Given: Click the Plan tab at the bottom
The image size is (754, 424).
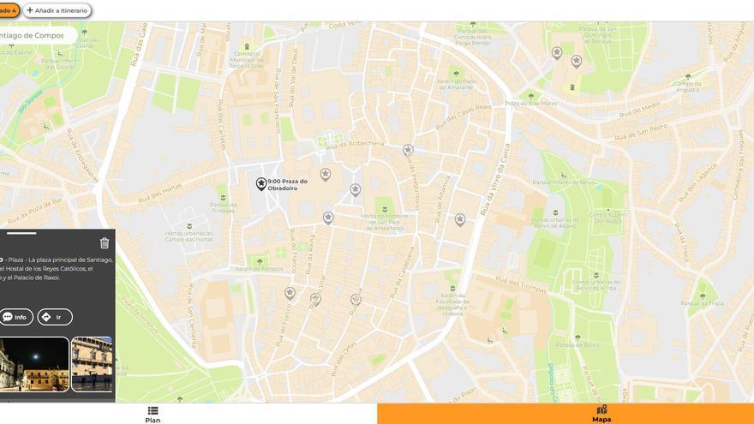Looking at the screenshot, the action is (x=153, y=415).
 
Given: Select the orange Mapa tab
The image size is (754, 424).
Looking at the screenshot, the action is (x=601, y=415).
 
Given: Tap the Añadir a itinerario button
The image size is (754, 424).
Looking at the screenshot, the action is (x=57, y=10).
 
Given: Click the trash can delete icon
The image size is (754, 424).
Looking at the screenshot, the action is (x=105, y=243).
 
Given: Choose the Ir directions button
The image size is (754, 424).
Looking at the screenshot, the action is (x=54, y=317).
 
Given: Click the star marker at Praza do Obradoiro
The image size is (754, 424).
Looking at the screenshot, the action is (x=261, y=183).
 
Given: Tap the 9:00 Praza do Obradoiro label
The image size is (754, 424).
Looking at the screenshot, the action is (x=287, y=184).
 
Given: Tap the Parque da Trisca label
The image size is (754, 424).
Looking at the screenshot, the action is (x=702, y=303).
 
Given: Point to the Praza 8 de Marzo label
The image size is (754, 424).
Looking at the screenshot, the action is (x=530, y=103).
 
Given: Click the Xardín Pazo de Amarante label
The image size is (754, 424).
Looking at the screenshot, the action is (x=455, y=84).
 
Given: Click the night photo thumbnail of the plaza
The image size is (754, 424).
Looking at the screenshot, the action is (x=34, y=364).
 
